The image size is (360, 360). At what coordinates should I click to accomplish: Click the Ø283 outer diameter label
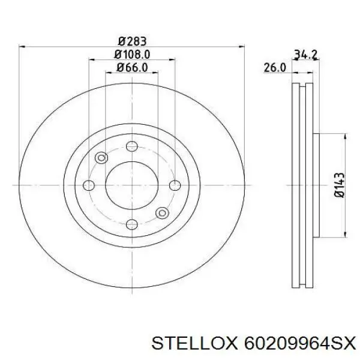point(132,41)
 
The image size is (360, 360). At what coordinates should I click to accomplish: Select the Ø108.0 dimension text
point(132,55)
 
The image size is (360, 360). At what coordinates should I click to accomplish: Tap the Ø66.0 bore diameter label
point(132,67)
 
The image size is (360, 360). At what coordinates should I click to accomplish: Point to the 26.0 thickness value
point(274,68)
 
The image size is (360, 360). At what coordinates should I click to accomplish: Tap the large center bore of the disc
point(132,184)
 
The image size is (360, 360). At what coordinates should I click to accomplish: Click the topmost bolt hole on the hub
point(132,146)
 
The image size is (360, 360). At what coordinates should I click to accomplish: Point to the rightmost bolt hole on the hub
point(175,185)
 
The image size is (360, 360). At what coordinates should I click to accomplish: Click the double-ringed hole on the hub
point(161,213)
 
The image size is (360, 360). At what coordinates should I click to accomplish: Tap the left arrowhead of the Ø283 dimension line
point(23,47)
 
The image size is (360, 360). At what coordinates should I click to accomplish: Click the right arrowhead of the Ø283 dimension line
point(241,47)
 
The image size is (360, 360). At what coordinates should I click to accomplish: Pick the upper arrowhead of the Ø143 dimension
point(344,136)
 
